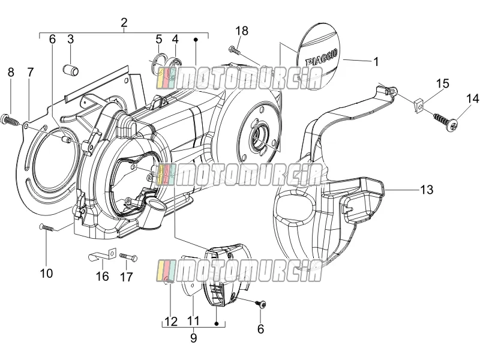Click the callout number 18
click(x=242, y=31)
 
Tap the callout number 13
click(x=427, y=190)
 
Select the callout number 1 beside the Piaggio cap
click(x=376, y=62)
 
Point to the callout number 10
click(x=46, y=273)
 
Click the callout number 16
click(x=102, y=277)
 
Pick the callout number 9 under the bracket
click(x=193, y=338)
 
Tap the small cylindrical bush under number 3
click(x=71, y=70)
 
